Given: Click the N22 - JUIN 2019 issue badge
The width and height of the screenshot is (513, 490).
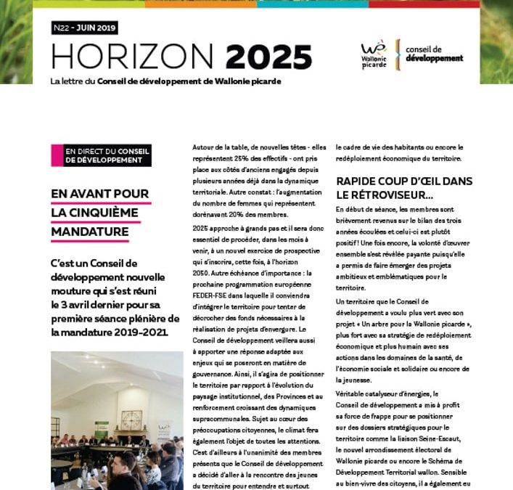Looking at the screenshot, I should (x=84, y=28).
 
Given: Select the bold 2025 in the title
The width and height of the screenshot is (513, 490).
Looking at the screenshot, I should (x=268, y=57).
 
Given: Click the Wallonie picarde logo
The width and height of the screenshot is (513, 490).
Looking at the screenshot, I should (x=374, y=54).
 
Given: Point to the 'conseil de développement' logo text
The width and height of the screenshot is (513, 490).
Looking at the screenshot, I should (x=435, y=53).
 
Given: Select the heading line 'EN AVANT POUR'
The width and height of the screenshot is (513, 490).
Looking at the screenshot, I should (x=100, y=194).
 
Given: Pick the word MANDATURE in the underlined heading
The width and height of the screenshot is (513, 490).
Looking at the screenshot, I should (x=90, y=232).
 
